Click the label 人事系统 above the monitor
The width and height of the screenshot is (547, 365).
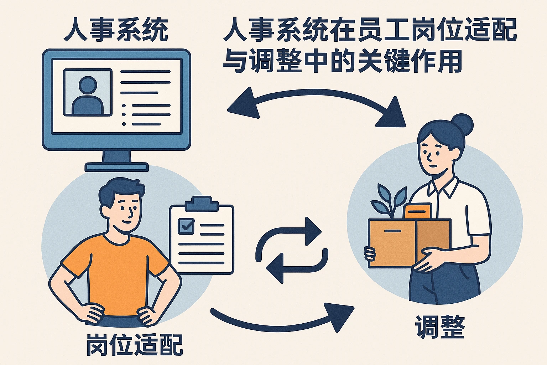click(116, 30)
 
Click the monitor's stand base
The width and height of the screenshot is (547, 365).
click(116, 167)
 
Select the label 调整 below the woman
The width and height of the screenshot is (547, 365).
click(440, 327)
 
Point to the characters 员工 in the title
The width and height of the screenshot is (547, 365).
click(383, 30)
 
